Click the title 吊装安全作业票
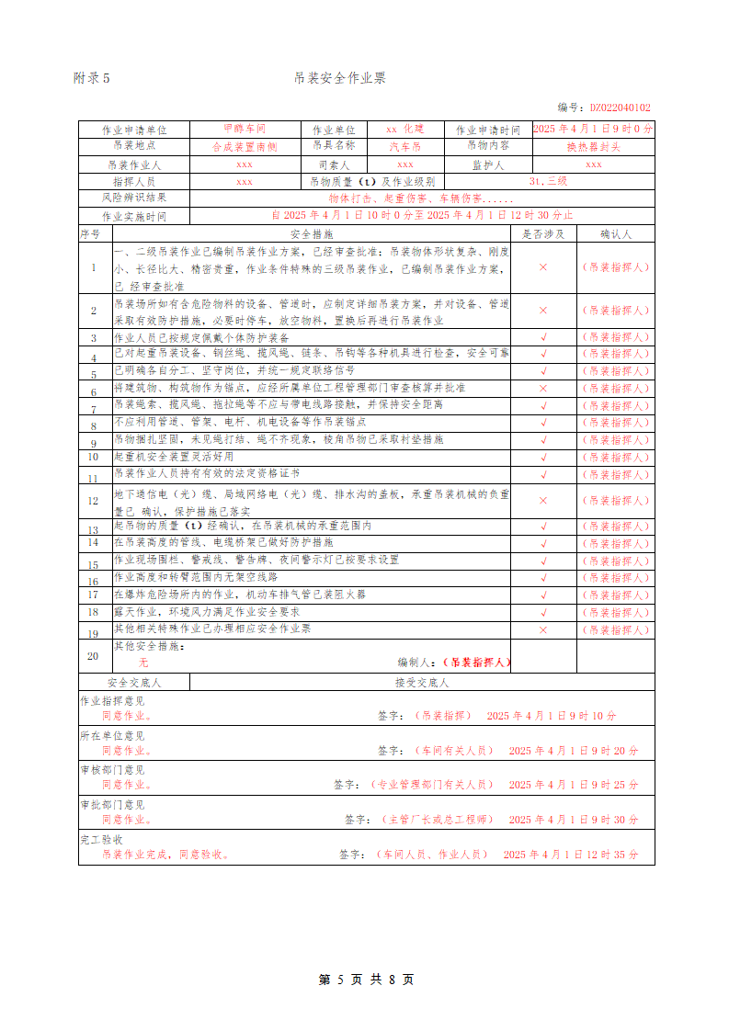[x=339, y=78]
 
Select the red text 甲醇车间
[x=245, y=130]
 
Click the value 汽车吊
[x=404, y=147]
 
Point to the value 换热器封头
[x=593, y=147]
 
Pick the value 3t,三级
[x=549, y=182]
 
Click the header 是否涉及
[x=543, y=233]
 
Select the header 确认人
[x=615, y=233]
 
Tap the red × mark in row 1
[x=543, y=266]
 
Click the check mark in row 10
[x=543, y=457]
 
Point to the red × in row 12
[x=543, y=501]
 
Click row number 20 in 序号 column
[x=93, y=655]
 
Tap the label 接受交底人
[x=422, y=683]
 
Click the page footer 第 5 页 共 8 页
[x=366, y=980]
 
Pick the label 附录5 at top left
[x=91, y=79]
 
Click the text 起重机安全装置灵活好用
[x=174, y=457]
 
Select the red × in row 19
[x=543, y=630]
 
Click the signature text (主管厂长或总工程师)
[x=437, y=820]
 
